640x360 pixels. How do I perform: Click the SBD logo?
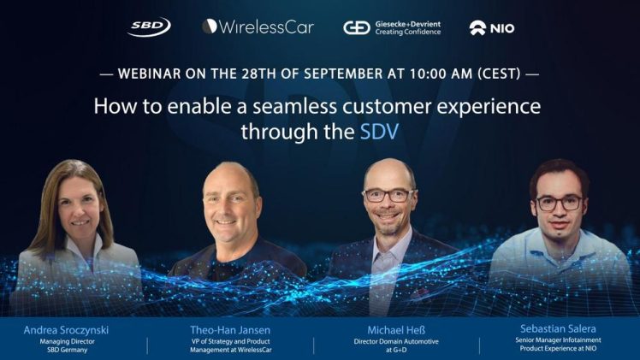[x=149, y=27]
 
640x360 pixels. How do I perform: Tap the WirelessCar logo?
[x=258, y=27]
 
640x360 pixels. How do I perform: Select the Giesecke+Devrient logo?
[x=392, y=28]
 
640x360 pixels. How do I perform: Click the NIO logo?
[x=492, y=28]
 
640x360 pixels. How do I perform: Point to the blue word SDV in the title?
[x=379, y=132]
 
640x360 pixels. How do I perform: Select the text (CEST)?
[x=499, y=74]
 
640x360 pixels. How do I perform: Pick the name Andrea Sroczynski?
[x=66, y=330]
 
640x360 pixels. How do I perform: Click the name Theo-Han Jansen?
[x=230, y=330]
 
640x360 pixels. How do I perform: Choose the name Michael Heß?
[x=396, y=330]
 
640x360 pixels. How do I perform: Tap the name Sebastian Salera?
[x=558, y=328]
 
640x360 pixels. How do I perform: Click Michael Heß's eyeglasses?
[x=389, y=195]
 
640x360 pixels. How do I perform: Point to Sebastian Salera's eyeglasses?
[x=560, y=203]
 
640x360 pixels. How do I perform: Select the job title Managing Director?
[x=67, y=342]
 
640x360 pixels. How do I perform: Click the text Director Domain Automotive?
[x=396, y=342]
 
